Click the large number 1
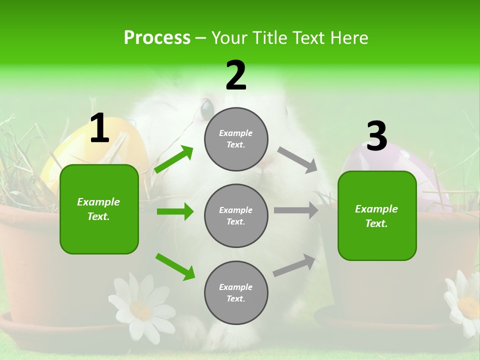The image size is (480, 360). coord(99,128)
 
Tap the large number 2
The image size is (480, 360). coord(236,75)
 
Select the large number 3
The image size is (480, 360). coord(377,136)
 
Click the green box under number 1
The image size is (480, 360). coord(99,209)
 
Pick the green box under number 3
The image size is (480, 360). coord(377,216)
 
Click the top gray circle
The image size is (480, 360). coord(236,139)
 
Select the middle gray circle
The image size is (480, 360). coord(236,216)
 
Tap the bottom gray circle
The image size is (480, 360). coord(236,293)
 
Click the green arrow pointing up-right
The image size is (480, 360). coord(173,159)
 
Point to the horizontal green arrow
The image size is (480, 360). coord(175,212)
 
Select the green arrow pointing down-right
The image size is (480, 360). coord(175,266)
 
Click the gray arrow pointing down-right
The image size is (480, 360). coord(297,160)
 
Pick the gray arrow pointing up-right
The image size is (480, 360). coord(294,265)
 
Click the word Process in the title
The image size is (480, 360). coord(157,37)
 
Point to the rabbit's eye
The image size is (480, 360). coord(206,108)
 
